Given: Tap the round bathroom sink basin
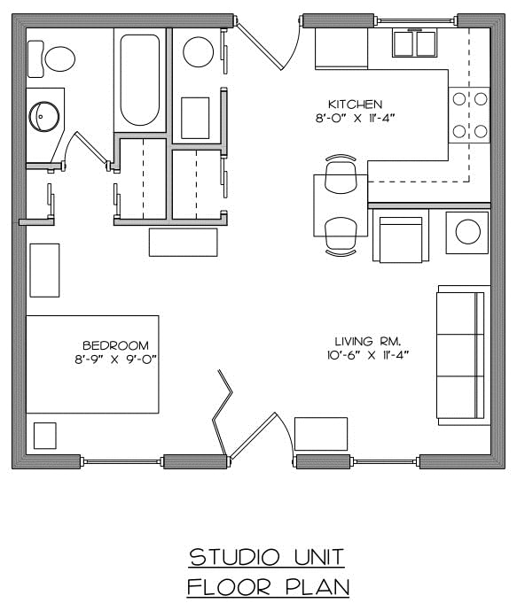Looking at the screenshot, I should (43, 114).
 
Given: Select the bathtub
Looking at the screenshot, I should (139, 81).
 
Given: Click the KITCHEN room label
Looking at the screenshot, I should (354, 104).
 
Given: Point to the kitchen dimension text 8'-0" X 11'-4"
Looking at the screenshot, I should (354, 118).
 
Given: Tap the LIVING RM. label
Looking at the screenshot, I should (364, 341).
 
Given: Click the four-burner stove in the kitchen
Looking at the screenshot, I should (469, 115).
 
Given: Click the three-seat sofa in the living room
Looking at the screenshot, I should (462, 354).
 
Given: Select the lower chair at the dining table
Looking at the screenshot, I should (341, 236).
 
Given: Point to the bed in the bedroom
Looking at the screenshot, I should (92, 363).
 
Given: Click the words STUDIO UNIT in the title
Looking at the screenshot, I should (267, 557).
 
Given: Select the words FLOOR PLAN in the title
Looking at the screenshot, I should (267, 586).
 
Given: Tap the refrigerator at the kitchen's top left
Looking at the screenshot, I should (341, 48).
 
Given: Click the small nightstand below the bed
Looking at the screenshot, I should (44, 436).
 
